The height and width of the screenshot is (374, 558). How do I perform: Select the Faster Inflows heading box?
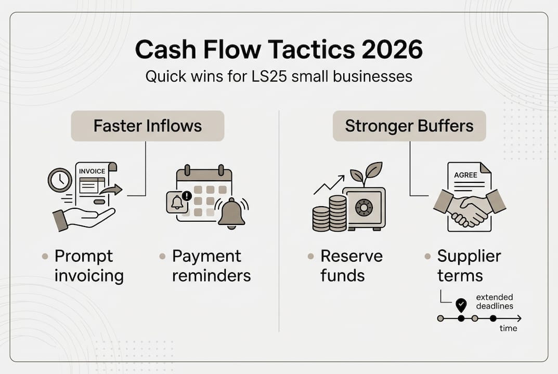click(148, 126)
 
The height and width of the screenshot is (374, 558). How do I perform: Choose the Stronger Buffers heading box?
click(409, 126)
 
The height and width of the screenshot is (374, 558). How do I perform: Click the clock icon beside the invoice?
click(60, 180)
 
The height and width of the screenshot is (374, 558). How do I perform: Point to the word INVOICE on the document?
click(92, 171)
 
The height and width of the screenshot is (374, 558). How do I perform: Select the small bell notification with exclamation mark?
click(177, 202)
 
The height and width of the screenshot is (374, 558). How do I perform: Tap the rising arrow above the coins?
click(329, 184)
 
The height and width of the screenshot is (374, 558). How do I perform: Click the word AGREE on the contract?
click(465, 175)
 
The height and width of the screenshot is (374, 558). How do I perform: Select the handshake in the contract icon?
click(470, 209)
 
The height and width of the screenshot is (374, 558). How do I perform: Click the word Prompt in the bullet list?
click(84, 256)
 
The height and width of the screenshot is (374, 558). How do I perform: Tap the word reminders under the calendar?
click(212, 275)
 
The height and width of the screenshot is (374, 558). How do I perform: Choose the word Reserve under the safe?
click(352, 256)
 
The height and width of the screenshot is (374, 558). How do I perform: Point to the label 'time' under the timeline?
click(509, 328)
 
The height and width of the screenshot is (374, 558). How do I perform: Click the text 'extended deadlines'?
click(495, 302)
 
